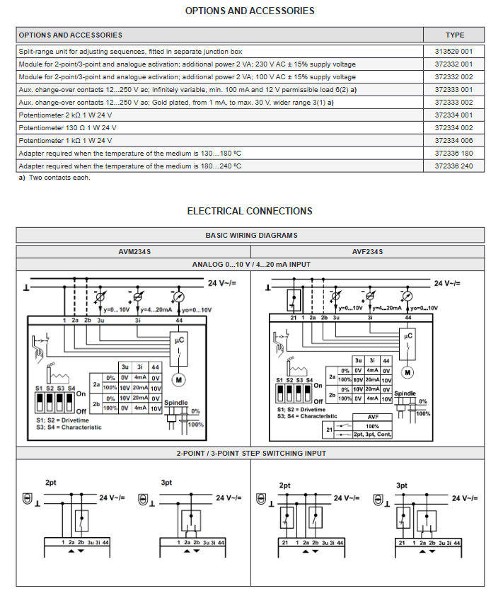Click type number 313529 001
(x=454, y=51)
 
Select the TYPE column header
(x=454, y=35)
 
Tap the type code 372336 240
(x=454, y=166)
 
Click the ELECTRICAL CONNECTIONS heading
(x=250, y=211)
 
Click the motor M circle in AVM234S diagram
(x=179, y=380)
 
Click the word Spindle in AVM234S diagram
(x=176, y=403)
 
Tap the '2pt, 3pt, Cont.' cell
(x=372, y=434)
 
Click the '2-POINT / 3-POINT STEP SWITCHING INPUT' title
(x=250, y=452)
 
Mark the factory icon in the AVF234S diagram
(x=296, y=368)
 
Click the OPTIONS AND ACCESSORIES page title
(x=250, y=11)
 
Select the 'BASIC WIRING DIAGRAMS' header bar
(x=250, y=235)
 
